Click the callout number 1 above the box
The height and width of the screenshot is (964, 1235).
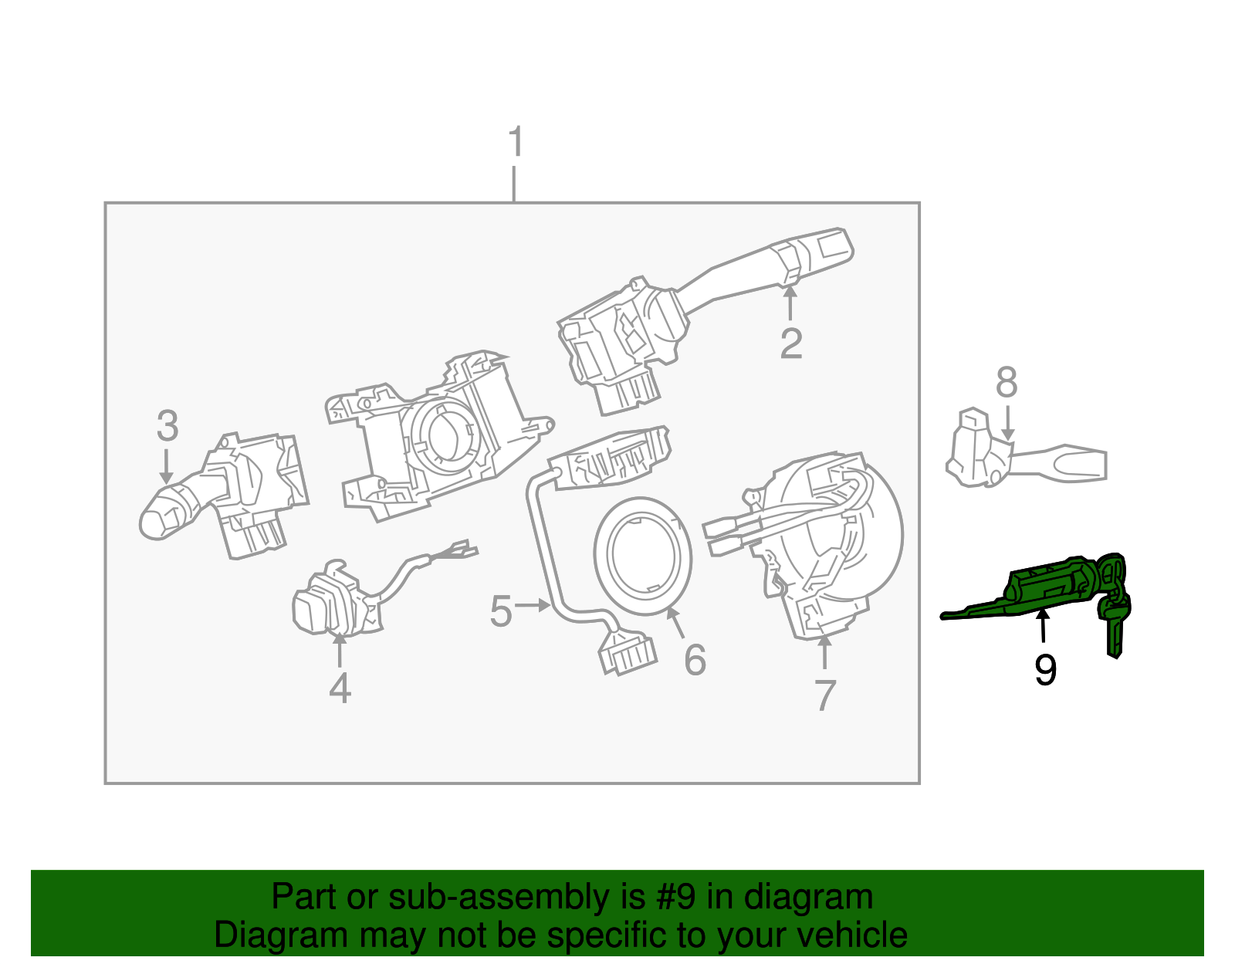tap(516, 143)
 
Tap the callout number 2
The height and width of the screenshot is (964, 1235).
tap(790, 343)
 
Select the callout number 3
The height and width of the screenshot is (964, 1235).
tap(167, 426)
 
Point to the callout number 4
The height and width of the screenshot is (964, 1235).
tap(340, 688)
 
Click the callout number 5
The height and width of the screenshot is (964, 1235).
tap(501, 611)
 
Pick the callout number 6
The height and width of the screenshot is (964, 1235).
tap(695, 660)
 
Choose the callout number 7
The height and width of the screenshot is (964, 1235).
tap(825, 695)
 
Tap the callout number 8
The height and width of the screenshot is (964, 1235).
tap(1007, 383)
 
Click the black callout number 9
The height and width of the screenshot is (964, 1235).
tap(1045, 670)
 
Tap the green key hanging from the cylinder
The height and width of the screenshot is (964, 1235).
tap(1114, 625)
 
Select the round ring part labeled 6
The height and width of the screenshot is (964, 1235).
tap(642, 556)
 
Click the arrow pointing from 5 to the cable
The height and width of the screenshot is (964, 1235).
tap(533, 606)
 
